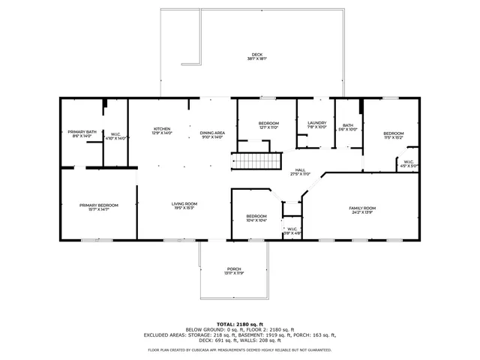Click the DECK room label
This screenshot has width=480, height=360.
click(x=257, y=55)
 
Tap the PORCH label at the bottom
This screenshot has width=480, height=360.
click(x=235, y=269)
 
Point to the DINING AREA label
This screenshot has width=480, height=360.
click(x=211, y=133)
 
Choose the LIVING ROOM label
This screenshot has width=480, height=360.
click(x=184, y=203)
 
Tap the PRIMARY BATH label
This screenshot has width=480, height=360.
click(x=82, y=132)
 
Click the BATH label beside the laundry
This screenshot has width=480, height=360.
click(x=348, y=126)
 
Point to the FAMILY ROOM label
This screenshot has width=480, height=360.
click(x=362, y=208)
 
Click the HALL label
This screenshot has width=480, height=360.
click(x=300, y=170)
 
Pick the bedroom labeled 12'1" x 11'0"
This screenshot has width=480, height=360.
click(x=268, y=123)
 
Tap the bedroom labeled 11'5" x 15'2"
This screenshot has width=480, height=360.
click(x=394, y=133)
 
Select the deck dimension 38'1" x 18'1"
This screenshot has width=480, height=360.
click(x=257, y=58)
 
